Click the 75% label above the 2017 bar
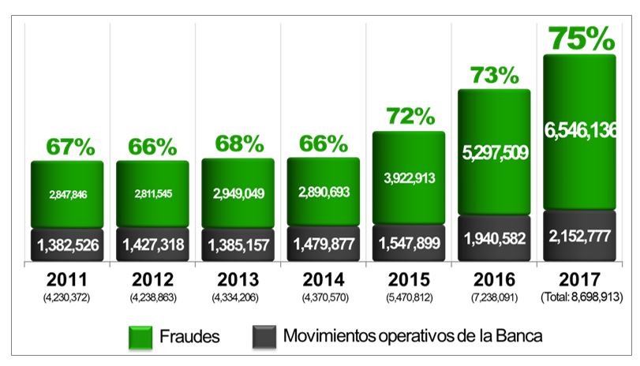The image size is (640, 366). pos(579,37)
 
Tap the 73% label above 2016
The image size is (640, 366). pos(494,75)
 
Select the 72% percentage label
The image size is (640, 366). pos(410,116)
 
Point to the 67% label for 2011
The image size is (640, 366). pos(69,147)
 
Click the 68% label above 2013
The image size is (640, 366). pos(239,145)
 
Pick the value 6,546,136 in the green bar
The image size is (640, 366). pos(579,129)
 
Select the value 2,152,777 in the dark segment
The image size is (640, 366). pos(579,236)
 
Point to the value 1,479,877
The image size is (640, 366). pos(324,245)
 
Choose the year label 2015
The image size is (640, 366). pos(409,280)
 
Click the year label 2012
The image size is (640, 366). pos(155,280)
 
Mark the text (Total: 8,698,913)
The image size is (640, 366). pos(579,298)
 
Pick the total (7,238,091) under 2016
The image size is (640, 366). pos(494,298)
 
